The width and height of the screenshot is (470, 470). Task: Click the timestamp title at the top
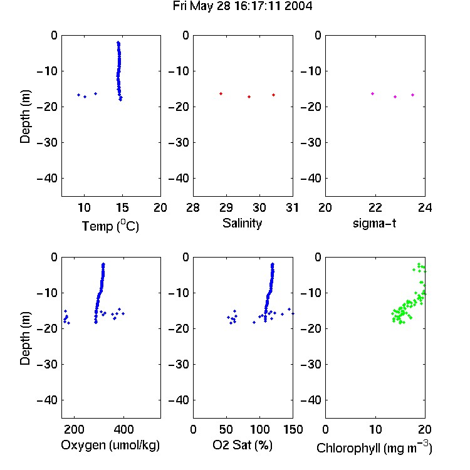pos(243,6)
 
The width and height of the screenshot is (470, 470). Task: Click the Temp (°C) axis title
pos(110,226)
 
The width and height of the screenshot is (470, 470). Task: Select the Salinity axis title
pos(242,223)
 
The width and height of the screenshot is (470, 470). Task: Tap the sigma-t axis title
pos(374,223)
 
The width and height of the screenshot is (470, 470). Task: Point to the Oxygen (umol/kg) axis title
pos(110,445)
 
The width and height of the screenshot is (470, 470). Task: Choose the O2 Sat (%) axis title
pos(243,445)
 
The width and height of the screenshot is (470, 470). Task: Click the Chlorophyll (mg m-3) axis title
pos(374,448)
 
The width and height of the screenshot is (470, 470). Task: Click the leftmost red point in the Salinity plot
pos(221,94)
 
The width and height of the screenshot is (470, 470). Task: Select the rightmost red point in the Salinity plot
pos(274,95)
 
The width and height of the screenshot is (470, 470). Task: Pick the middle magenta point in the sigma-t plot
pos(395,97)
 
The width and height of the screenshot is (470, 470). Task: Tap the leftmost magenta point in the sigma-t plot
pos(373,94)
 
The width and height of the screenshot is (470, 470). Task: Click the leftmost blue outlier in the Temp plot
pos(78,95)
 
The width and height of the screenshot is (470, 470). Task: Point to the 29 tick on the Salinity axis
pos(226,207)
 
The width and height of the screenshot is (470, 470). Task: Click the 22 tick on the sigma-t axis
pos(375,207)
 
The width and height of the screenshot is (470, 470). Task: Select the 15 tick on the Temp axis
pos(122,207)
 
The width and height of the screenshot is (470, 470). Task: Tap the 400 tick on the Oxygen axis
pos(123,429)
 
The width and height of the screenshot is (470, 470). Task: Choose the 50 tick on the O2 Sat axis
pos(226,429)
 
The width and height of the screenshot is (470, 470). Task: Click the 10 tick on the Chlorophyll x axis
pos(375,429)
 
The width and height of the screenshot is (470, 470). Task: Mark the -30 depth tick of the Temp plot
pos(47,143)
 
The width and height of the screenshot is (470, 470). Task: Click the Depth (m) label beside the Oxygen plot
pos(25,338)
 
